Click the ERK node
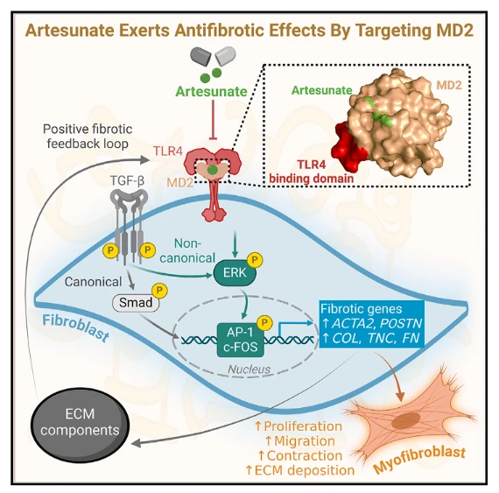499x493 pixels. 235,272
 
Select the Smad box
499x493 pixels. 136,302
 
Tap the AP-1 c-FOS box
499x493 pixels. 241,340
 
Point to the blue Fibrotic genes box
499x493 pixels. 371,324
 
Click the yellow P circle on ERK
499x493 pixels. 255,260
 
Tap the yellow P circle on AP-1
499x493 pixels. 264,323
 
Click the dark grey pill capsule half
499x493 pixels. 200,56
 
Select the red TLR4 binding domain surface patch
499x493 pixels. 349,147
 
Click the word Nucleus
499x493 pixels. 249,370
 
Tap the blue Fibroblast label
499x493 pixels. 75,327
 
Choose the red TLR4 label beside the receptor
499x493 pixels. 168,151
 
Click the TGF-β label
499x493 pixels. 127,180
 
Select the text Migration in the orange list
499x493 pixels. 300,441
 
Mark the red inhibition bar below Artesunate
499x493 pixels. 213,120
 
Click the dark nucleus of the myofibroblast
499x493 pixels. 406,420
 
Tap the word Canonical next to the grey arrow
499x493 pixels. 94,282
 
